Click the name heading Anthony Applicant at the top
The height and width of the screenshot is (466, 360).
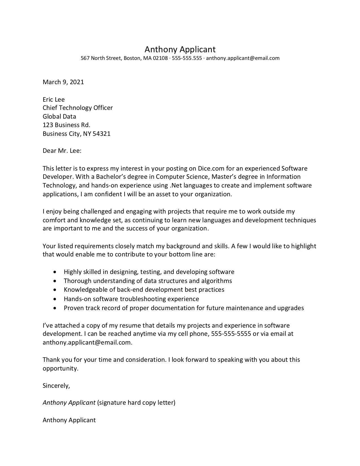pos(180,49)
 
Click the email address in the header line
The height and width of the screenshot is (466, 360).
pos(243,58)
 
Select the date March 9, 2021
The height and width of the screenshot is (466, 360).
pos(63,82)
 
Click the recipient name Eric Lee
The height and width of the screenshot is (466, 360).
pos(54,99)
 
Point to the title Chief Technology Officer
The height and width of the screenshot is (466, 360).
pos(78,108)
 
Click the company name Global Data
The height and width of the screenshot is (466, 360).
pos(59,116)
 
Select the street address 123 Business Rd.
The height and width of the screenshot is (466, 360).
pos(66,125)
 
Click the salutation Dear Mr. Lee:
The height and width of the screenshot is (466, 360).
pos(62,151)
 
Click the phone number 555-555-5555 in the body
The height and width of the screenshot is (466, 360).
pos(231,334)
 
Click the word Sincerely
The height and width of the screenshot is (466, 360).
pos(56,386)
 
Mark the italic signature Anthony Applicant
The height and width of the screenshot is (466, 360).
pos(69,403)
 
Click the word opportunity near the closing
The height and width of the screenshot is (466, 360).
pos(60,369)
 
